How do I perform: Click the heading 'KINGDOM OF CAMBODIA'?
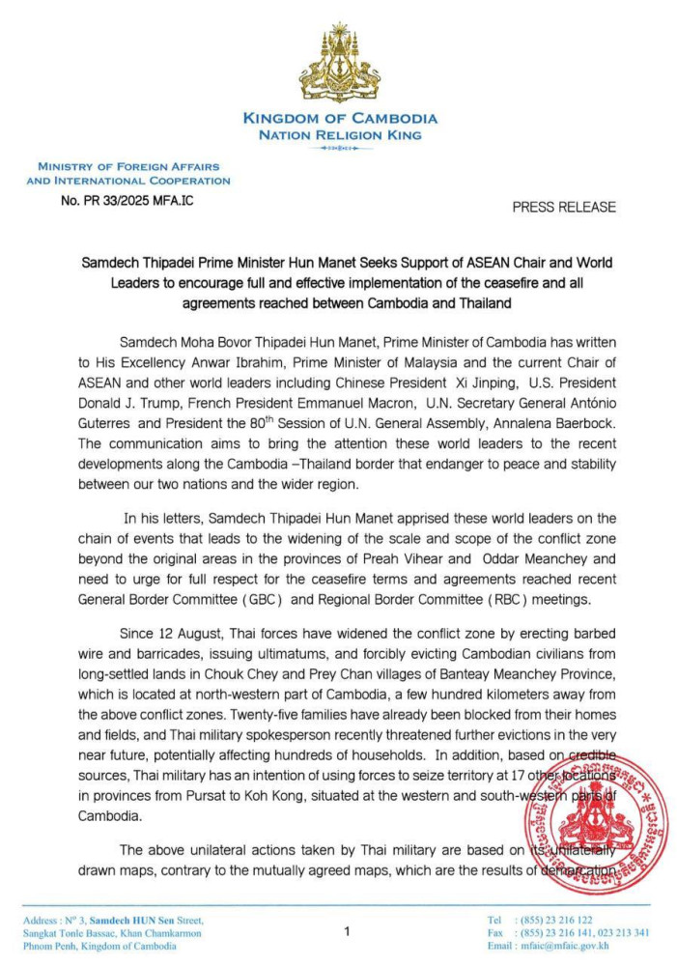coord(339,119)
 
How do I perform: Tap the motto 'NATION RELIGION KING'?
coord(339,135)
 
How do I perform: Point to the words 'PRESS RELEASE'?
coord(563,207)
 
